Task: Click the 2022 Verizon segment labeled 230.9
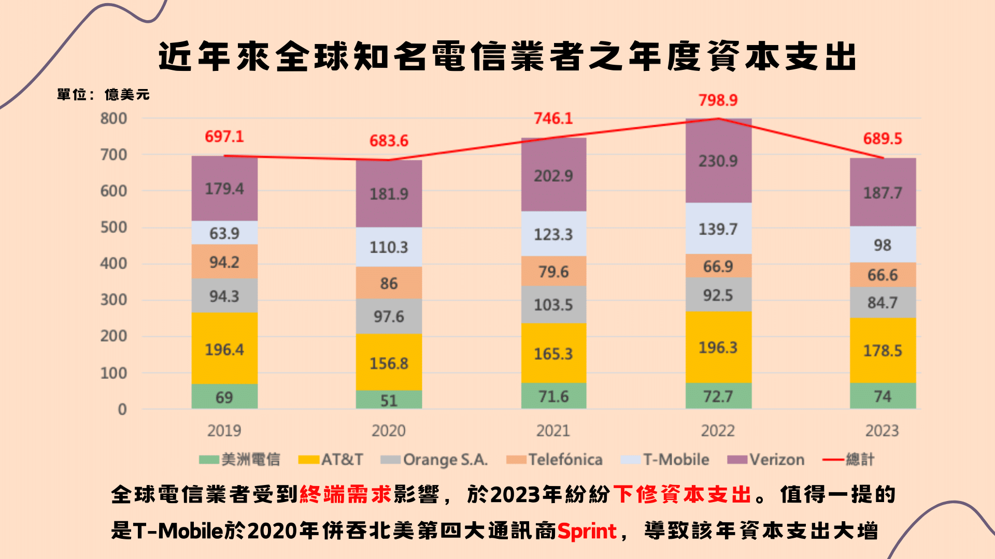click(718, 161)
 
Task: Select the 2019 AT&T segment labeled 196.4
click(224, 349)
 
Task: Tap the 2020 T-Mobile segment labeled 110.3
click(389, 247)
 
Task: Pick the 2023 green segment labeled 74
click(883, 396)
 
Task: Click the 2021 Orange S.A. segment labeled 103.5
click(553, 305)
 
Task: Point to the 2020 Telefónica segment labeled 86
click(389, 283)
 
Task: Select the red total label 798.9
click(718, 100)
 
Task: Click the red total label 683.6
click(389, 141)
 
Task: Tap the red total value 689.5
click(883, 139)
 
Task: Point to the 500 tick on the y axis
click(113, 227)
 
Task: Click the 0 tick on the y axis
click(122, 409)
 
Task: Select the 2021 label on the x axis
click(553, 431)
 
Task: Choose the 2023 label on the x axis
click(882, 431)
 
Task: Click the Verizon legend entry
click(766, 460)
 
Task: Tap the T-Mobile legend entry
click(665, 460)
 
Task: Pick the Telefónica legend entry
click(555, 460)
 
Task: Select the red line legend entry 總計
click(849, 460)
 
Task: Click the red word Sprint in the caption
click(587, 531)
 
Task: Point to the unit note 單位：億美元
click(103, 95)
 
